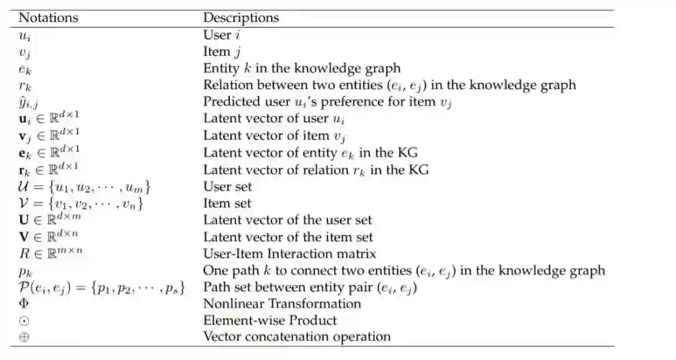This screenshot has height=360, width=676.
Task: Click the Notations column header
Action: (x=49, y=18)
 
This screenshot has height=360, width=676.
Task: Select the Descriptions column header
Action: (x=241, y=18)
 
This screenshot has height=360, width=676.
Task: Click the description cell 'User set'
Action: (x=228, y=186)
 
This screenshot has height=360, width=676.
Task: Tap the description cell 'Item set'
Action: (x=227, y=203)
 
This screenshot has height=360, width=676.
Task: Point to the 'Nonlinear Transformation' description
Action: (x=282, y=304)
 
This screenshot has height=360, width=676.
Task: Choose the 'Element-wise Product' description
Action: (x=270, y=320)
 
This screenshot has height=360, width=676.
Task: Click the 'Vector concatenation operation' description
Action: (x=297, y=337)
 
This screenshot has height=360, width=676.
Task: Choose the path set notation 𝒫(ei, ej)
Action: (x=102, y=287)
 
